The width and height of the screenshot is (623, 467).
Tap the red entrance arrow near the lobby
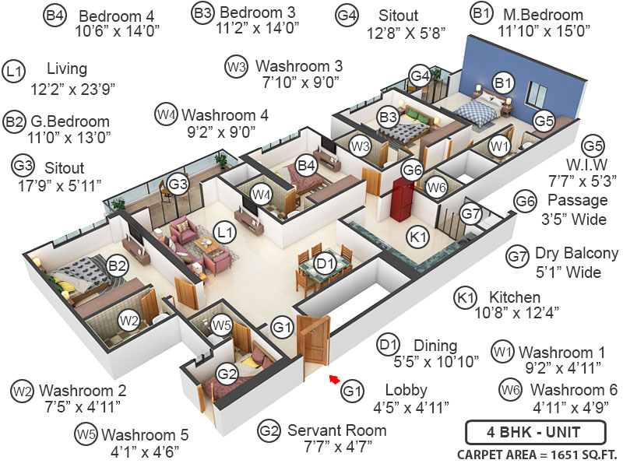(333, 380)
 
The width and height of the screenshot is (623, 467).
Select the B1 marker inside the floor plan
(503, 82)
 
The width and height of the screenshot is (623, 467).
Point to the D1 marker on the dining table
(326, 262)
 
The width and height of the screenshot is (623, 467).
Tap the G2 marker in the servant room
(227, 374)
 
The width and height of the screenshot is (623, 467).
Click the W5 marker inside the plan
(222, 325)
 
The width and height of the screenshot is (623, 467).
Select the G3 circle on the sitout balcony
(178, 184)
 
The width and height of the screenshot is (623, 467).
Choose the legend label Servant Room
(337, 430)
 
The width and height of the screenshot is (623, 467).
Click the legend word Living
(67, 69)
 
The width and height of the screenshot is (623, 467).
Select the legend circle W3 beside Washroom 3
(236, 66)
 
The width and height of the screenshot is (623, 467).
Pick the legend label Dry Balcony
(576, 254)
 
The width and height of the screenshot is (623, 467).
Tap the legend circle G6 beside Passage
(524, 202)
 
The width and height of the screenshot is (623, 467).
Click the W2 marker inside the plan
(128, 319)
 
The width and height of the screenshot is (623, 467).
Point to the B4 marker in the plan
(306, 165)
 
